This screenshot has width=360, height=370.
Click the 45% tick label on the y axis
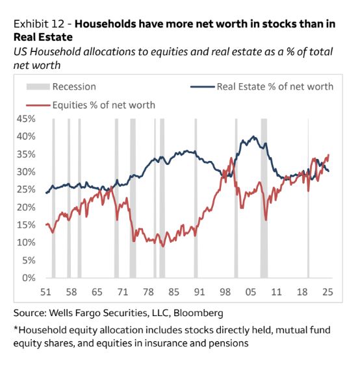tap(25, 119)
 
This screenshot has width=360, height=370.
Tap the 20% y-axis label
tap(25, 207)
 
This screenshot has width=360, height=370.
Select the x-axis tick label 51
tap(46, 291)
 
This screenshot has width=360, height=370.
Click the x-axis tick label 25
tap(328, 291)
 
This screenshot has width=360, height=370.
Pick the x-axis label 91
tap(199, 291)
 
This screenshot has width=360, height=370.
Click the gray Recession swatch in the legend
tap(37, 86)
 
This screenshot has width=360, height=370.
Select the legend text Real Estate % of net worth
tap(275, 86)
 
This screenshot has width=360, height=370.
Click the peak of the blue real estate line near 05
tap(254, 137)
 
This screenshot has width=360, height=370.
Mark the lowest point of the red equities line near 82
tap(164, 246)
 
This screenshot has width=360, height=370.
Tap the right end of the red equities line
tap(329, 154)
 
